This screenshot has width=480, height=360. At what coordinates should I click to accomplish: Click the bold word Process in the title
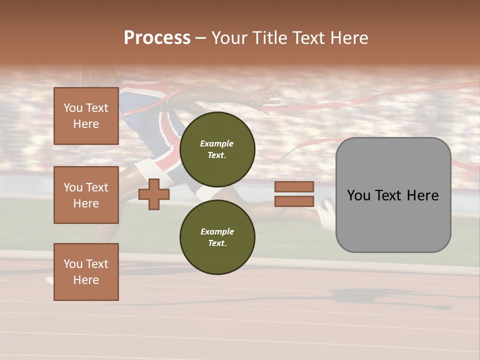(x=157, y=38)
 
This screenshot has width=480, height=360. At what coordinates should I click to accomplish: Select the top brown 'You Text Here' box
(x=86, y=116)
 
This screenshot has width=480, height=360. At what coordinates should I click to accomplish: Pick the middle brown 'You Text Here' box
(x=86, y=195)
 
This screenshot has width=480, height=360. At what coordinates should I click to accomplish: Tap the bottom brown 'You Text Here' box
(x=86, y=272)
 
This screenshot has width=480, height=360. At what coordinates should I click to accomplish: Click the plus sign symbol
(x=154, y=194)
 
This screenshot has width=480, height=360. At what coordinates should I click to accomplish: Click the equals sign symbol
(x=294, y=194)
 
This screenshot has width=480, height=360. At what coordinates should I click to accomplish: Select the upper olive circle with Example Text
(x=217, y=149)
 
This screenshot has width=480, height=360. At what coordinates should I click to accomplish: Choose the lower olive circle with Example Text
(x=217, y=237)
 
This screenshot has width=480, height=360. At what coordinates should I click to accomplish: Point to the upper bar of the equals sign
(x=294, y=187)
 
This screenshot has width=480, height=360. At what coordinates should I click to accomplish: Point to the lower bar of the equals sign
(x=294, y=201)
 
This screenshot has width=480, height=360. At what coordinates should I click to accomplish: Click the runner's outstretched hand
(x=265, y=97)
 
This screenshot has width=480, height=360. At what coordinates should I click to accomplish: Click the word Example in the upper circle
(x=217, y=143)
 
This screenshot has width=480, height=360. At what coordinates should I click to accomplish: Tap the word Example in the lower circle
(x=217, y=231)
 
